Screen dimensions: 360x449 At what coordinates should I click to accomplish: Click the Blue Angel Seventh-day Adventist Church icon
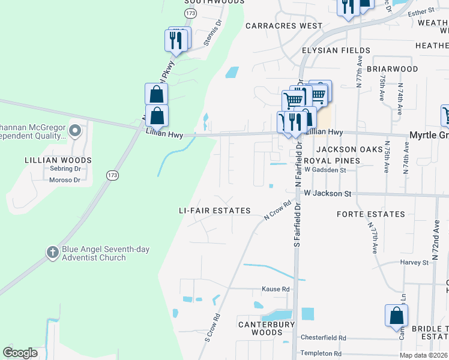(x=52, y=252)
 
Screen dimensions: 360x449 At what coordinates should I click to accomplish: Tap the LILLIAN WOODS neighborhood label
(x=58, y=160)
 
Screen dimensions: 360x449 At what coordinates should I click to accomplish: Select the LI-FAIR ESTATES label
(x=215, y=211)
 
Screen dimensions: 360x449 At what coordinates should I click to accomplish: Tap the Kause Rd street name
(x=276, y=289)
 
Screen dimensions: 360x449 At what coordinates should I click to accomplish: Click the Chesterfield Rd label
(x=324, y=338)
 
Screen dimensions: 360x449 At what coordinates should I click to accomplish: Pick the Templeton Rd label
(x=324, y=353)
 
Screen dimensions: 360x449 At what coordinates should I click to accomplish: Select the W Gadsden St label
(x=325, y=170)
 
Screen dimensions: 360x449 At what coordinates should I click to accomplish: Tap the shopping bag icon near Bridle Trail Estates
(x=396, y=316)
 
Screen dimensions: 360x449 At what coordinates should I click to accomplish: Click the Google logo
(x=20, y=353)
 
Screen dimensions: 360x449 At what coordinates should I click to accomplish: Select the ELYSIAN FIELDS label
(x=336, y=50)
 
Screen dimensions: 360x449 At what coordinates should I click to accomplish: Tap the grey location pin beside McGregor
(x=74, y=130)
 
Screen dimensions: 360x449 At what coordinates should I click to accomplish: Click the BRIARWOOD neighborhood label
(x=392, y=69)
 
